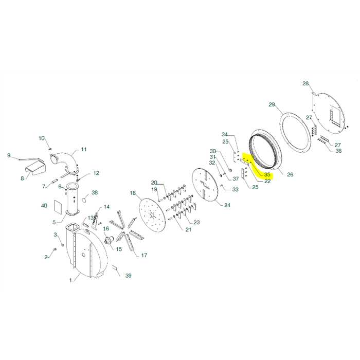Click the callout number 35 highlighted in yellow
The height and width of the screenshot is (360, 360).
[267, 175]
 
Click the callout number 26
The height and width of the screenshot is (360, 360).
[290, 175]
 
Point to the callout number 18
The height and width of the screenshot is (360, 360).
[133, 193]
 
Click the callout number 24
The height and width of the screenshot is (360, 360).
[227, 205]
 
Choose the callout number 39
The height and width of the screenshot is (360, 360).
[128, 276]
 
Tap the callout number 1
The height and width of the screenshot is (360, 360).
[71, 280]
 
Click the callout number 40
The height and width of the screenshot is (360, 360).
[44, 206]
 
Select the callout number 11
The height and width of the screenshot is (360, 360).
[83, 150]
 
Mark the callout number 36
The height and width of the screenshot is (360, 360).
[338, 151]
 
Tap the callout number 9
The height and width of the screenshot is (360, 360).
[9, 155]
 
